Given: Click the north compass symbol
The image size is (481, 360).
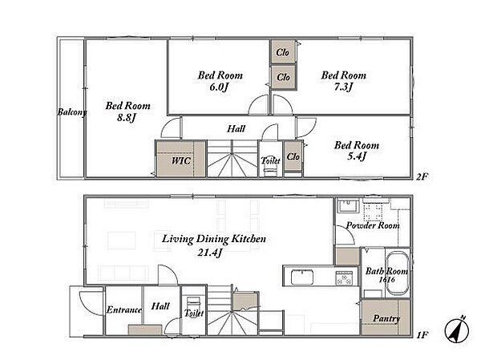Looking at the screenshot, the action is [456, 330].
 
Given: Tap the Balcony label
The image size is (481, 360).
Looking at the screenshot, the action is [72, 112].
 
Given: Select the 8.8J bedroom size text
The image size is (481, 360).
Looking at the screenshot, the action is [126, 118].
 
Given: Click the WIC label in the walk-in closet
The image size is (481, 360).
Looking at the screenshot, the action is [181, 160].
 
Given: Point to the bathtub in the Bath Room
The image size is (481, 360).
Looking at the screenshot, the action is [398, 273].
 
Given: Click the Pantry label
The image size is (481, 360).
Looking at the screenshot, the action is [386, 318].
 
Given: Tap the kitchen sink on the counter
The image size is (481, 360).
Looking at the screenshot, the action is [302, 277].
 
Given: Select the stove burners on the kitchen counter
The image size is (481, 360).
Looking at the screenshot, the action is [344, 277].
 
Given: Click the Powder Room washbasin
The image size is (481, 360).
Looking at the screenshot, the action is [348, 206].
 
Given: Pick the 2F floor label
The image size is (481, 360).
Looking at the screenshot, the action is [422, 176].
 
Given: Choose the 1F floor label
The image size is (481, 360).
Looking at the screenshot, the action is [422, 335].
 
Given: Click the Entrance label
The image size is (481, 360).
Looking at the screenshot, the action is [124, 310].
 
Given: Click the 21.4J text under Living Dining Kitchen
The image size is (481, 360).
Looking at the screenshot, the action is [210, 253].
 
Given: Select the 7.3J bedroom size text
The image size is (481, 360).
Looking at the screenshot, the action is [343, 87].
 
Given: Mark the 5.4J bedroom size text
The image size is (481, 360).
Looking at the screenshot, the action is [357, 156].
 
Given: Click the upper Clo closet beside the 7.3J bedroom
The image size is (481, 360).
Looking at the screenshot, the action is [283, 51].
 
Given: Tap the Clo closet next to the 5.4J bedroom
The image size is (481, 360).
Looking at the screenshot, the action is [293, 156].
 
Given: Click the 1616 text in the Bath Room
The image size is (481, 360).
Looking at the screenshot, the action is [387, 280].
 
